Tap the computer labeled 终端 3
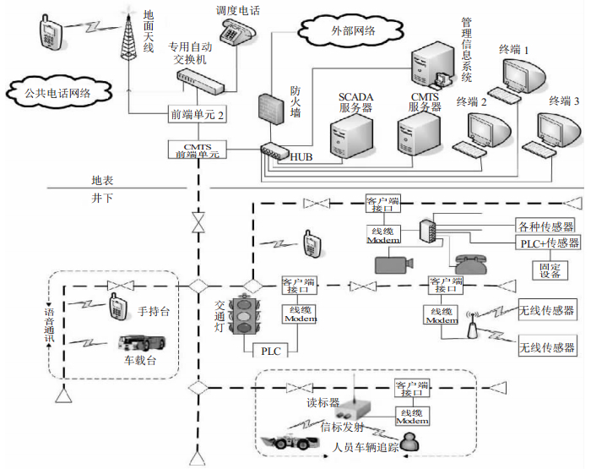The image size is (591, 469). (561, 131)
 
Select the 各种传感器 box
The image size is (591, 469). (545, 226)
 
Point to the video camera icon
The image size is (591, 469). (393, 264)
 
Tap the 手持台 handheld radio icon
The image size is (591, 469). (118, 308)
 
